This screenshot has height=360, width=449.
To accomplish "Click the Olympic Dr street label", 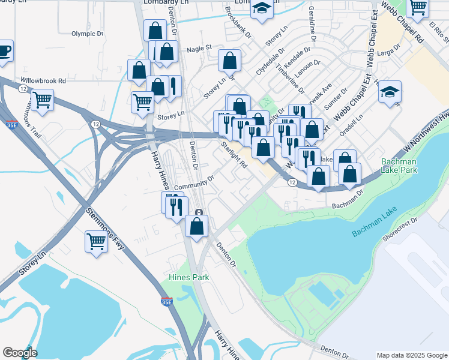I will point(88,34).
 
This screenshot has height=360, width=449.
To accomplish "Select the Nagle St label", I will point(199,48).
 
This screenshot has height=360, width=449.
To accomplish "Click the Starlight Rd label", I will point(234,154).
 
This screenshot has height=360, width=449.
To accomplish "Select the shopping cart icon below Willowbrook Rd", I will point(42,100).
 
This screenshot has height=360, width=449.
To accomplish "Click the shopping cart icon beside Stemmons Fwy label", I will point(96,242).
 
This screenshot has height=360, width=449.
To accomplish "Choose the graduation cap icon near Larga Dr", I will point(390,92).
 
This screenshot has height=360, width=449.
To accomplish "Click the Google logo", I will point(20,353).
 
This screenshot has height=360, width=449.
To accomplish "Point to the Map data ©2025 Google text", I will point(412,355).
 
